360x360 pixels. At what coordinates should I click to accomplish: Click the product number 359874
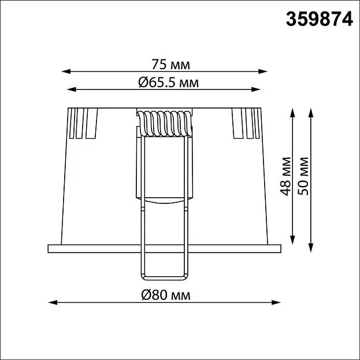click(319, 20)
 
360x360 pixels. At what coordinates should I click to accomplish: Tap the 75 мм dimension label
click(170, 65)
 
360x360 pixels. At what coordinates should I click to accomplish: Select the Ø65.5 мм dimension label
click(168, 83)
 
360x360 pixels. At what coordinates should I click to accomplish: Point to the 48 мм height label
click(285, 176)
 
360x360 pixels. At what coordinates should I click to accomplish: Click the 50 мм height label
click(303, 176)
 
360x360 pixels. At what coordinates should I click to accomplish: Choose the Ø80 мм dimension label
click(166, 295)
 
